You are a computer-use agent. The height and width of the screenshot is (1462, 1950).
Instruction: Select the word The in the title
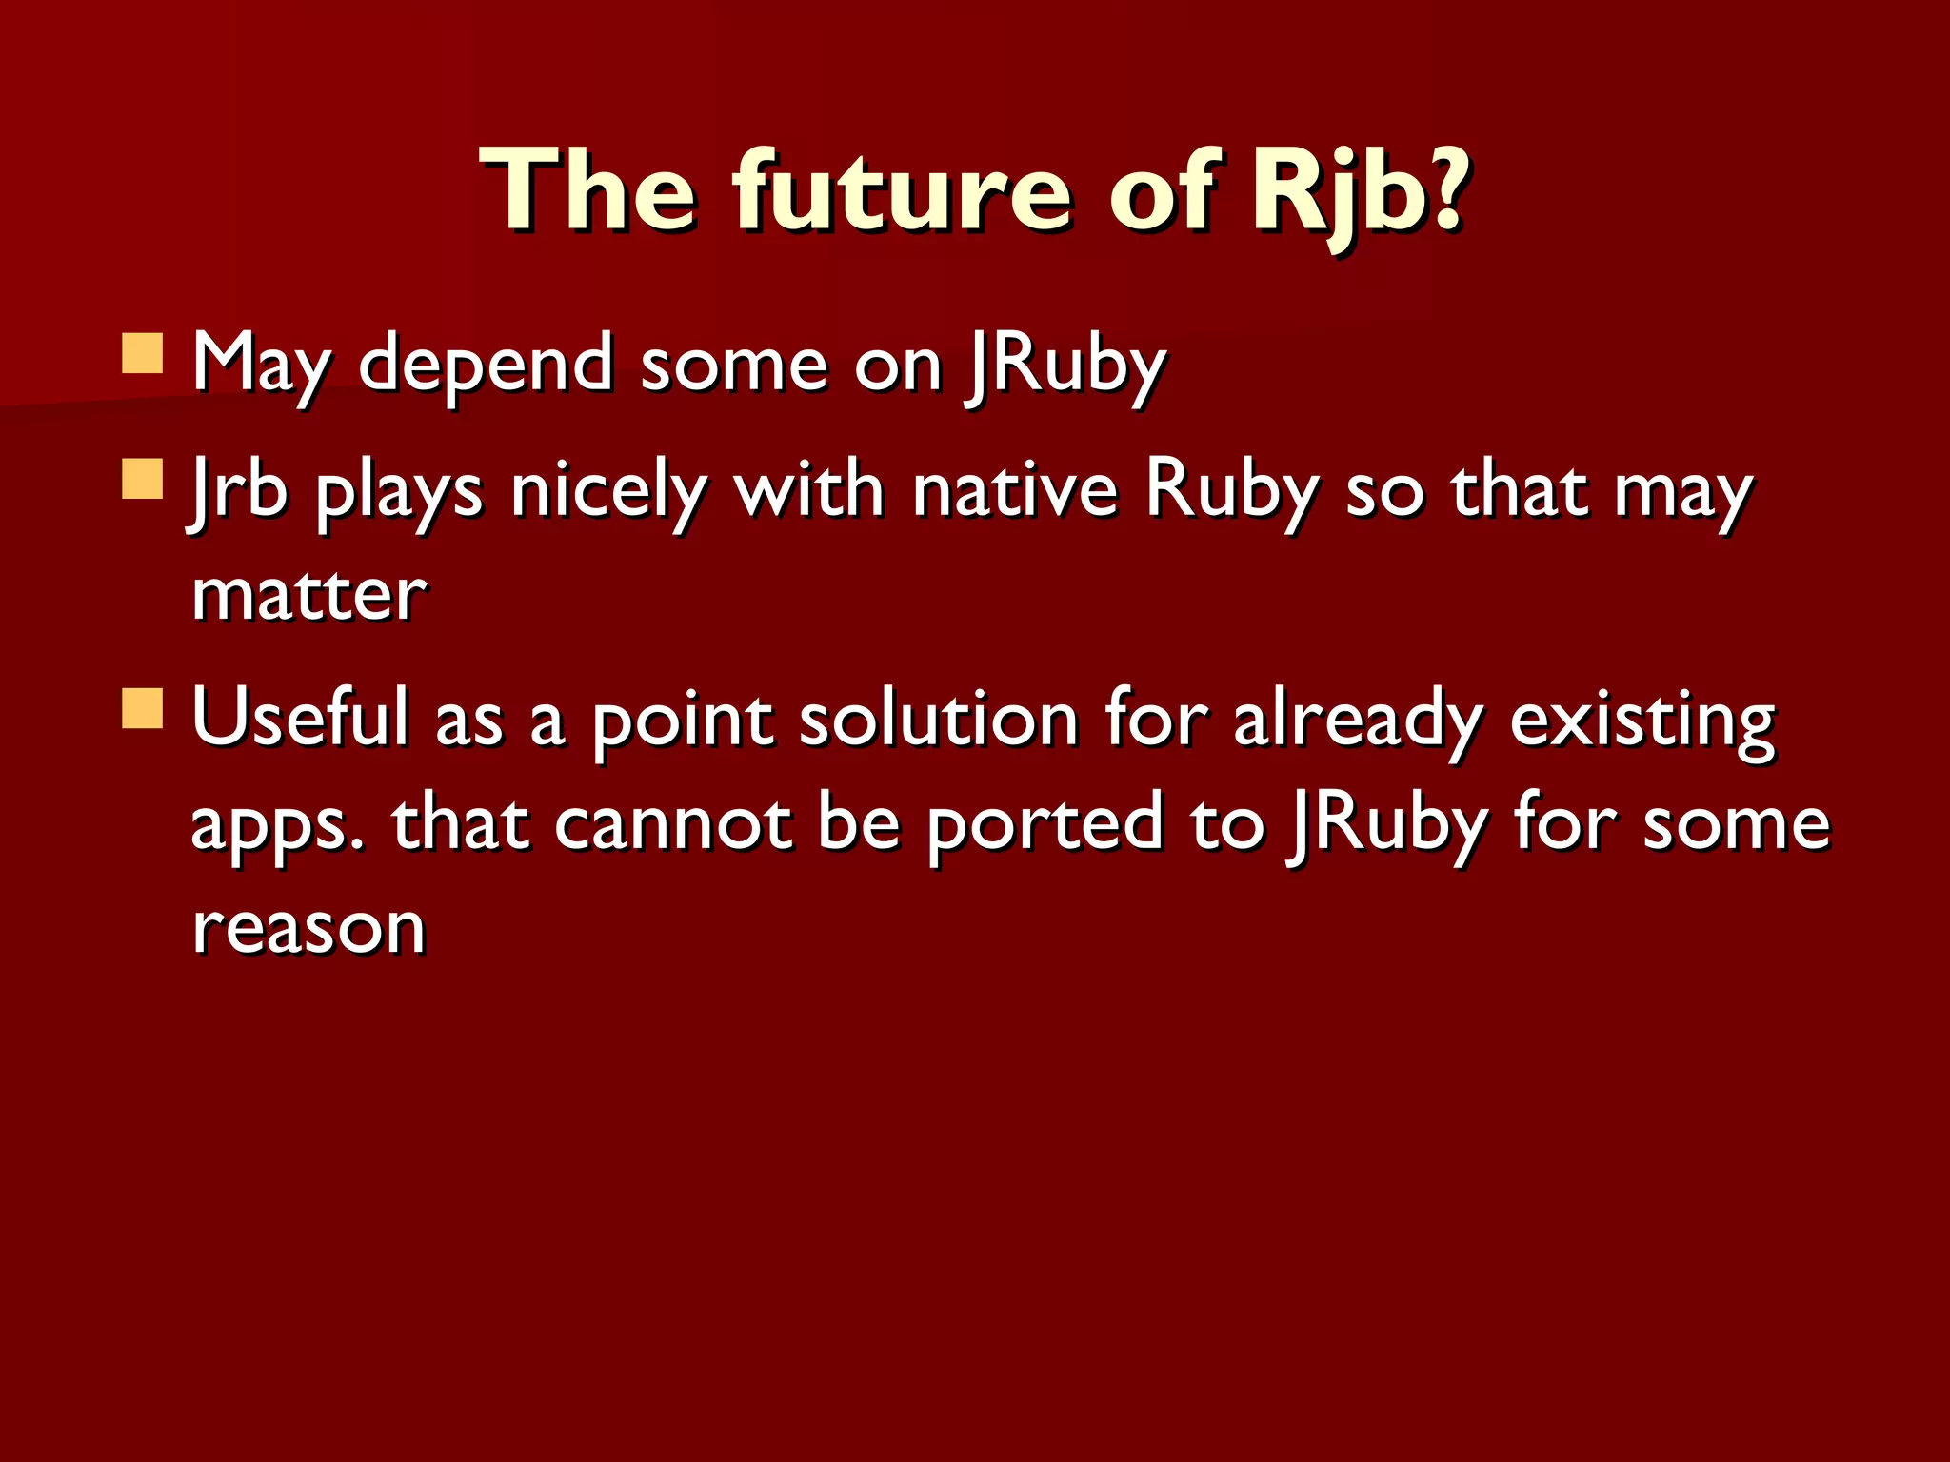590,190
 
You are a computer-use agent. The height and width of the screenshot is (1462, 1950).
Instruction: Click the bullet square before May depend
144,353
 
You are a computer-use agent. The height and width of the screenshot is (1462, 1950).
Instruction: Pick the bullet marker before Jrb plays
144,479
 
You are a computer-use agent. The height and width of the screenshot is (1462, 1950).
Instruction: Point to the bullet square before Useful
144,709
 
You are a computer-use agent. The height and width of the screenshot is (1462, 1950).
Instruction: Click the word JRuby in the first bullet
1066,365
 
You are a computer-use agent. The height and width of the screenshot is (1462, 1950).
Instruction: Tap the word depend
486,365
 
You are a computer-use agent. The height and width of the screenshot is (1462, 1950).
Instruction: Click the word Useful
301,719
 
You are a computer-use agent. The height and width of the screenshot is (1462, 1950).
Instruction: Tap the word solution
939,719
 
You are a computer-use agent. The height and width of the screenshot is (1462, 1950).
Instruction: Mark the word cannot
672,823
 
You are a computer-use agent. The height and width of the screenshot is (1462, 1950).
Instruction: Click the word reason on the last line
309,928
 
